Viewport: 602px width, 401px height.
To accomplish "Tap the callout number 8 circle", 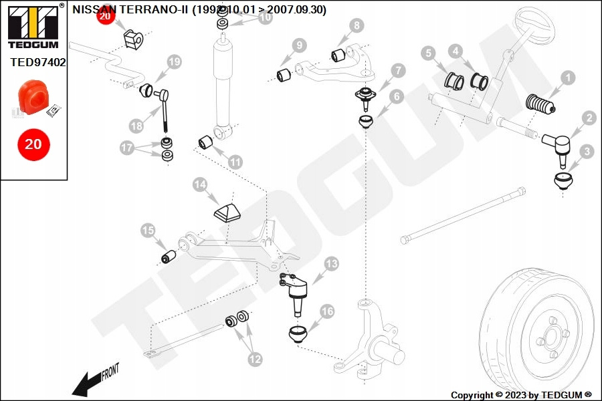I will click(357, 26).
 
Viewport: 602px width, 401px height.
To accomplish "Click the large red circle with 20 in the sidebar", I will click(33, 144).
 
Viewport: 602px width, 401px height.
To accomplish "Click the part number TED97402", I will click(38, 62).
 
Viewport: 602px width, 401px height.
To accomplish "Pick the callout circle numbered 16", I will click(327, 311).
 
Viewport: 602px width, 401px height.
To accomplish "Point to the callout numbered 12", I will click(255, 359).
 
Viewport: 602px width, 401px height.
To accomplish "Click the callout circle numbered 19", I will click(174, 62).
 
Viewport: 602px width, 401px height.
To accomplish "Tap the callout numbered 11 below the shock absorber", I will click(235, 162).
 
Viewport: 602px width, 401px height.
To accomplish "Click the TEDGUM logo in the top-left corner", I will click(32, 27).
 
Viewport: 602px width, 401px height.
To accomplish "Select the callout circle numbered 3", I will click(587, 152).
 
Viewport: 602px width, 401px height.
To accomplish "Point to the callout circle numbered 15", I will click(148, 231).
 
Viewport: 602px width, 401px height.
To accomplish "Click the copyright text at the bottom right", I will click(521, 395).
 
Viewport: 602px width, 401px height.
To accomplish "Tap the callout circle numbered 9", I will click(298, 45).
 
